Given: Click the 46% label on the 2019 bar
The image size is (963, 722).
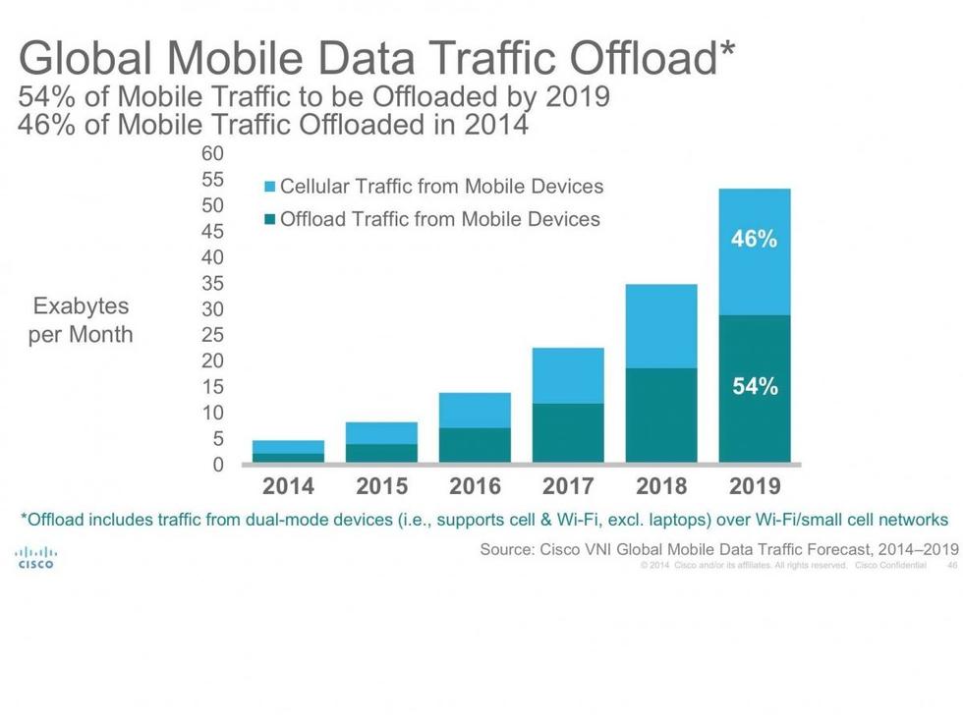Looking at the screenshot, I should [x=754, y=239].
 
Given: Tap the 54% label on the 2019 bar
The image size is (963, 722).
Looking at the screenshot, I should [x=754, y=387].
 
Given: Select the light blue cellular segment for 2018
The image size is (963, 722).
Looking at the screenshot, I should [x=661, y=326].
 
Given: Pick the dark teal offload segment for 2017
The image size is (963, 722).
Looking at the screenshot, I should [x=568, y=432].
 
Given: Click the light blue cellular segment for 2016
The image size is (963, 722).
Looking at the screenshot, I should [x=475, y=411].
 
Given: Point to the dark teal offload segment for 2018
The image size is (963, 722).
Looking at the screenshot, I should [x=661, y=415].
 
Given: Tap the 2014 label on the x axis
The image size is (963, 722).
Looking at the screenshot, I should [x=288, y=486].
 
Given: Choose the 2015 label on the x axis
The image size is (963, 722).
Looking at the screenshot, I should [x=381, y=486].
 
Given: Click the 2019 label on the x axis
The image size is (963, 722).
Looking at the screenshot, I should [x=754, y=486].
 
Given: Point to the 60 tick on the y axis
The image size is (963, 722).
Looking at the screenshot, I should [x=213, y=154].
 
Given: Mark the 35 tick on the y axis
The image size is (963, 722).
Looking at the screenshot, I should [x=213, y=284].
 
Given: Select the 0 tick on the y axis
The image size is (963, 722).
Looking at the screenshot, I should [x=219, y=465].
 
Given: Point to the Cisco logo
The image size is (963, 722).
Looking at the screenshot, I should [x=35, y=558].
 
